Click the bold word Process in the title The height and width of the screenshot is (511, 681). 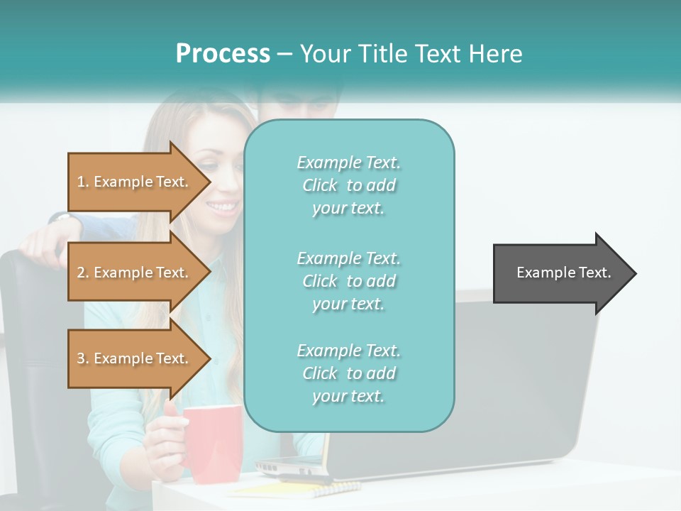click(223, 54)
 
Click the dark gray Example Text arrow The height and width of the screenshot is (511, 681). click(563, 273)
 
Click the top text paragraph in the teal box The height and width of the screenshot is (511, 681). click(348, 185)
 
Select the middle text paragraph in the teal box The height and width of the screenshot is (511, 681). click(348, 281)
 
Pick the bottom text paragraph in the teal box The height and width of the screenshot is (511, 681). click(348, 373)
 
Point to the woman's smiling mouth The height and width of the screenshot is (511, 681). click(223, 207)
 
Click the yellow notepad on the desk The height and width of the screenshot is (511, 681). click(298, 488)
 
